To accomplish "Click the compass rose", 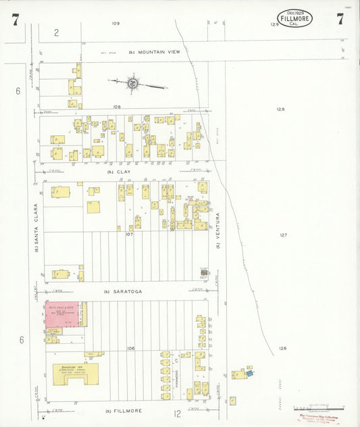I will (x=134, y=84).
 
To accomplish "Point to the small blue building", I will (x=249, y=372).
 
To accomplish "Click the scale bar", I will (x=318, y=407).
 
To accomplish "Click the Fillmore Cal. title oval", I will (x=294, y=18).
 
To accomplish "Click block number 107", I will (x=129, y=234).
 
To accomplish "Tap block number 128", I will (x=281, y=109).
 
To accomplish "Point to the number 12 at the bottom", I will (x=177, y=413).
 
